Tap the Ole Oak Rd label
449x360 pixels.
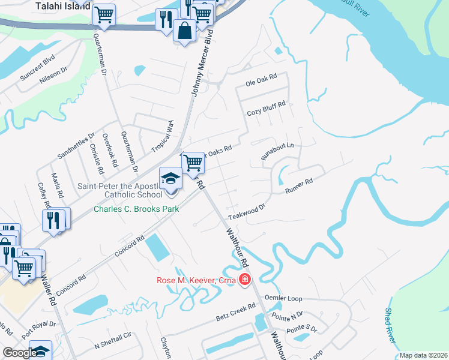[x=261, y=77]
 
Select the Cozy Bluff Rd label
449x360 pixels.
[x=266, y=112]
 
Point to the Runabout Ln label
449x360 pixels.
[x=277, y=150]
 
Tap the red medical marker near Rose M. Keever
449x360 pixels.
[x=244, y=280]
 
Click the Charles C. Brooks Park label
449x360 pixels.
[x=128, y=209]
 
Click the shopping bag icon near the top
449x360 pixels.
[x=184, y=29]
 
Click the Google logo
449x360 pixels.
[x=20, y=353]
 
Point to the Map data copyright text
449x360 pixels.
[x=423, y=355]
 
